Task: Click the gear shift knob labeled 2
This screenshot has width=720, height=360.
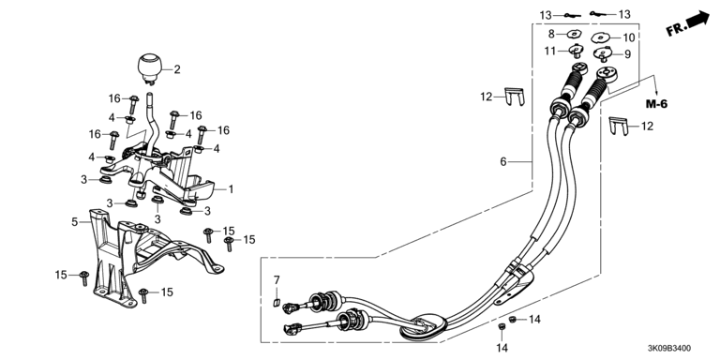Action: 150,68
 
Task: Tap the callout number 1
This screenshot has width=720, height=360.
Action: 231,189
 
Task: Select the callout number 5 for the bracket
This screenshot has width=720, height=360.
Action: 75,222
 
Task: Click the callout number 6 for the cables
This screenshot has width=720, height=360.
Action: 503,161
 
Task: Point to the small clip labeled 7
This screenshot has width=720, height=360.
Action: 277,301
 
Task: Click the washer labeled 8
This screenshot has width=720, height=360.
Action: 573,33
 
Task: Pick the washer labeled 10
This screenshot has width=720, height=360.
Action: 601,37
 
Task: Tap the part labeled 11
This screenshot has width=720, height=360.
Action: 576,51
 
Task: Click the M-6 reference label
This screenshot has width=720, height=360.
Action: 656,104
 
